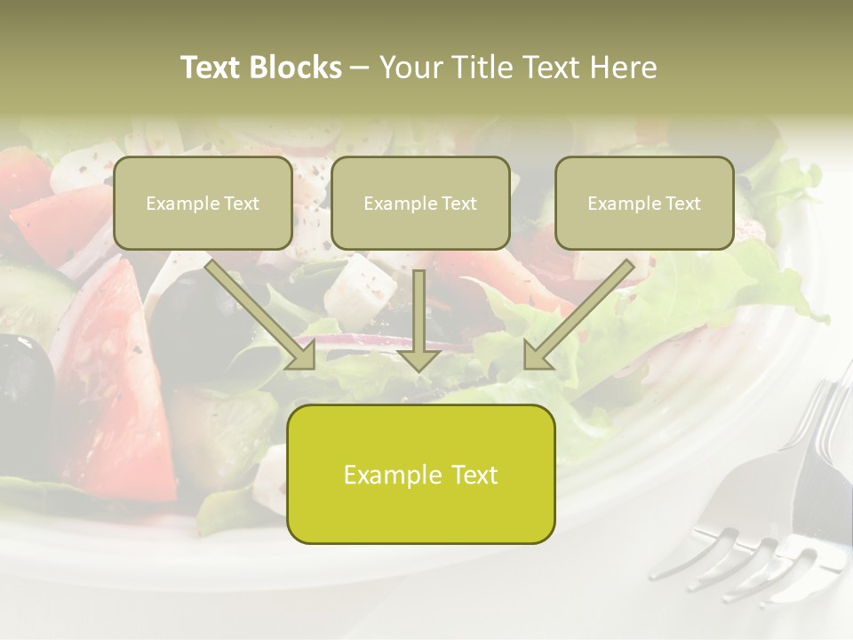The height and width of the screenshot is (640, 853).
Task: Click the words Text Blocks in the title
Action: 261,68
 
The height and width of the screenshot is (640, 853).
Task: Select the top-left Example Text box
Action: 203,203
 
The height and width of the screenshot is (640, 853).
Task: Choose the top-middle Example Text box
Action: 420,203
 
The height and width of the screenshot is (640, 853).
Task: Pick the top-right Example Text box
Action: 644,203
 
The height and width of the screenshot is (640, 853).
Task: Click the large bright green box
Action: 420,474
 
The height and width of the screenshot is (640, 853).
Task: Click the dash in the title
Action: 360,68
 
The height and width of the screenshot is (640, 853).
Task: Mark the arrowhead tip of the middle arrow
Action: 419,369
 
